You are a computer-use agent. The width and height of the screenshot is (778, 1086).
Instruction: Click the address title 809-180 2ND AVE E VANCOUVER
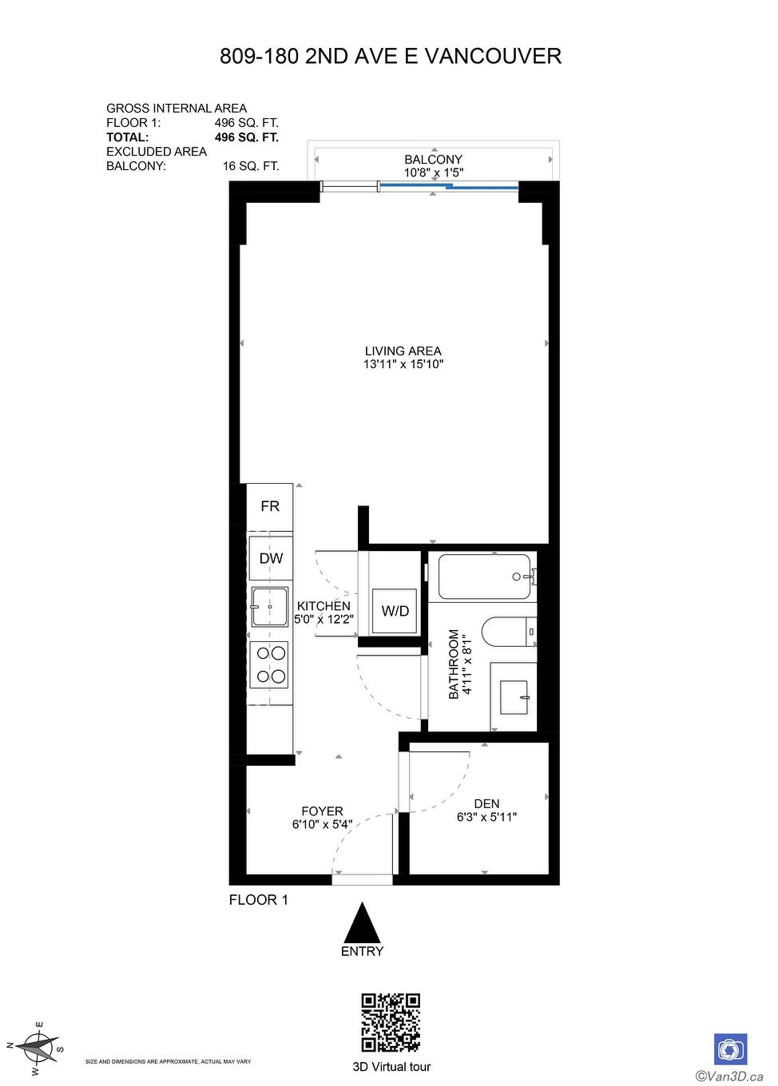point(390,56)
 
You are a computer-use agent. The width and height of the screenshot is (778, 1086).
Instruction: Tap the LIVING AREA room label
point(403,351)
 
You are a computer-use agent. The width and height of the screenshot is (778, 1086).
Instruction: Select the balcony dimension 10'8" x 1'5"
point(433,172)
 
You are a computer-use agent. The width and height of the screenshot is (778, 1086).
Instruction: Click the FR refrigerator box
point(270,506)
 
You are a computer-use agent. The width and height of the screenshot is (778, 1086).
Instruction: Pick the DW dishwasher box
point(271,558)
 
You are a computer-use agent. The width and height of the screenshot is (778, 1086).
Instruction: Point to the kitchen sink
point(270,607)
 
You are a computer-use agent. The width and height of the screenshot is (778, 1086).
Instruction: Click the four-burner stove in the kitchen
point(269,664)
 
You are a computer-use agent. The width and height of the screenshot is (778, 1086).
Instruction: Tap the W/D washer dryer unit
point(395,611)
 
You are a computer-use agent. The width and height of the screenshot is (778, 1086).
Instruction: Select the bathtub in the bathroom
point(484,577)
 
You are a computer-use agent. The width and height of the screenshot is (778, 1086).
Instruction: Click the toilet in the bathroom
point(508,632)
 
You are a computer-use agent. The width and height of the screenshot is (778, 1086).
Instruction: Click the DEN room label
point(486,804)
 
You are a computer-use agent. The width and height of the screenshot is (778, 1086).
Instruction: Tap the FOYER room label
point(322,811)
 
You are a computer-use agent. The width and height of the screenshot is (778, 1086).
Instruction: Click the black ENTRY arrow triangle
point(363,923)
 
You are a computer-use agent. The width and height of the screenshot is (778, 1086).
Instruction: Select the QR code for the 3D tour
point(391,1023)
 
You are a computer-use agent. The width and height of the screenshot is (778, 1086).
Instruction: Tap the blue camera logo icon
point(730,1048)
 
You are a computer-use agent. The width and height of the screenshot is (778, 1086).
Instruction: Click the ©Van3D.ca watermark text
point(728,1075)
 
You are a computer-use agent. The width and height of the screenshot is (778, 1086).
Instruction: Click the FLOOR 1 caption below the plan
point(258,900)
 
